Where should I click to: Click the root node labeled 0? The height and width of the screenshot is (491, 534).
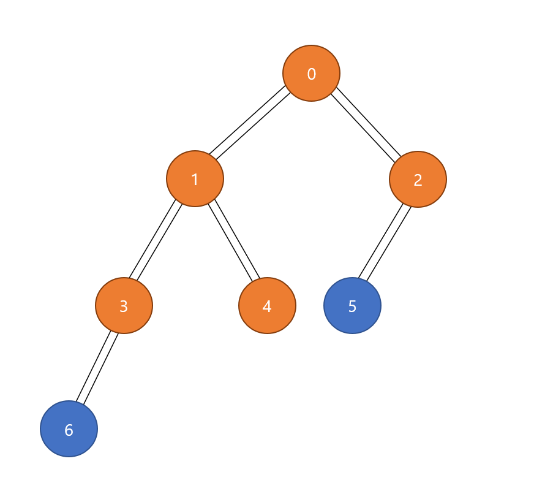click(x=311, y=73)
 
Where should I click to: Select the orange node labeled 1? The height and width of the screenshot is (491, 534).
click(x=195, y=179)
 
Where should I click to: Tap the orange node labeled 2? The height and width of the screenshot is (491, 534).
click(x=418, y=180)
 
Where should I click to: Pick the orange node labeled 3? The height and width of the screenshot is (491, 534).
click(x=124, y=305)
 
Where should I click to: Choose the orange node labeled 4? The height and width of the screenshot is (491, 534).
click(x=267, y=305)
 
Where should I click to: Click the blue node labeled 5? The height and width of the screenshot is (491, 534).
click(x=352, y=305)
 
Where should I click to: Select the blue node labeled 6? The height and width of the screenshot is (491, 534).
click(x=69, y=428)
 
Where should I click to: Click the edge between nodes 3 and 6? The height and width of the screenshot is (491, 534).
click(x=97, y=367)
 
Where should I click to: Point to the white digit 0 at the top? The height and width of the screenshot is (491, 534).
click(x=311, y=74)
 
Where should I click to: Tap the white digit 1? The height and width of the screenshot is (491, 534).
click(x=195, y=180)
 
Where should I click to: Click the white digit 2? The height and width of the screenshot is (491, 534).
click(x=418, y=180)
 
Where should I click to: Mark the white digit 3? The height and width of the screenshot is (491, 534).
click(x=124, y=306)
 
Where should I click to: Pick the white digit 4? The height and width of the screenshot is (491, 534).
click(x=267, y=306)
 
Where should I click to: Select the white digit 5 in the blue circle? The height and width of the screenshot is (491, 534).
click(x=352, y=306)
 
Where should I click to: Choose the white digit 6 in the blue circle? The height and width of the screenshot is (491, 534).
click(x=69, y=430)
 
